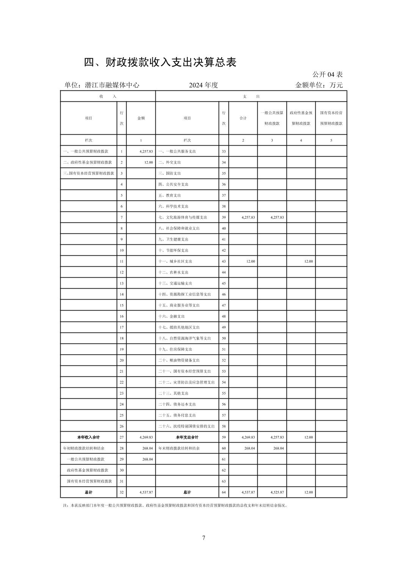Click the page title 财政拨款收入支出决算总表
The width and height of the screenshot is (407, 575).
pyautogui.click(x=160, y=62)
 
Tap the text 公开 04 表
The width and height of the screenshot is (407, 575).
pyautogui.click(x=327, y=75)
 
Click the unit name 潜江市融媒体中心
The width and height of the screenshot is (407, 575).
pyautogui.click(x=113, y=85)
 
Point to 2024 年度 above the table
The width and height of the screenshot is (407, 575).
pyautogui.click(x=203, y=85)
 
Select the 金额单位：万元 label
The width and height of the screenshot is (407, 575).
pyautogui.click(x=319, y=85)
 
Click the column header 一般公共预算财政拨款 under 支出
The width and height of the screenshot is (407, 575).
pyautogui.click(x=272, y=118)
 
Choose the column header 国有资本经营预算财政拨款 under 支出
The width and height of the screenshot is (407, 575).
pyautogui.click(x=331, y=118)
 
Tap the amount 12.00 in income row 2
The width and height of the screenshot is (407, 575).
pyautogui.click(x=149, y=162)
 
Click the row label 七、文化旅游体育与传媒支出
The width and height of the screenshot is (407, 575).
pyautogui.click(x=183, y=218)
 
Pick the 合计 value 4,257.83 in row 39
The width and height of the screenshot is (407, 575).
pyautogui.click(x=248, y=218)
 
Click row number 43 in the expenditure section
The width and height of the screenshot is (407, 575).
pyautogui.click(x=224, y=261)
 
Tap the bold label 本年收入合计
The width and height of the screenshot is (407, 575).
pyautogui.click(x=88, y=437)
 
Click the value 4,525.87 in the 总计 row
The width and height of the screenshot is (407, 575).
pyautogui.click(x=277, y=492)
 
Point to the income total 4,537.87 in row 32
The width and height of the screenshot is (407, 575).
pyautogui.click(x=146, y=492)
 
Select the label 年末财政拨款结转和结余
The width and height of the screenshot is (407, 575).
pyautogui.click(x=179, y=448)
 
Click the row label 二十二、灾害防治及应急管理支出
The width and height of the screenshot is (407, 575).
pyautogui.click(x=186, y=382)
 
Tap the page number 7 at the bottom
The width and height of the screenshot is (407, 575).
pyautogui.click(x=204, y=538)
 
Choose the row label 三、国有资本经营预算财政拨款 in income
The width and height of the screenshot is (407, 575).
pyautogui.click(x=89, y=173)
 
